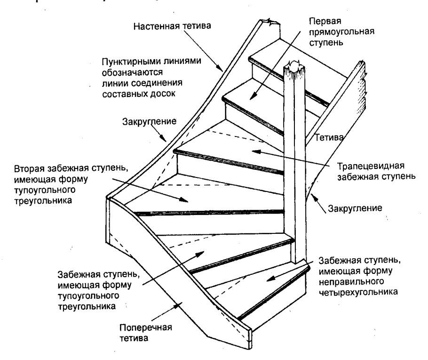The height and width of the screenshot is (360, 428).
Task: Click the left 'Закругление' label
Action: click(x=149, y=121)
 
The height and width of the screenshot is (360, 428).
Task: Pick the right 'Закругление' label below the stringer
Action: click(x=359, y=207)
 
